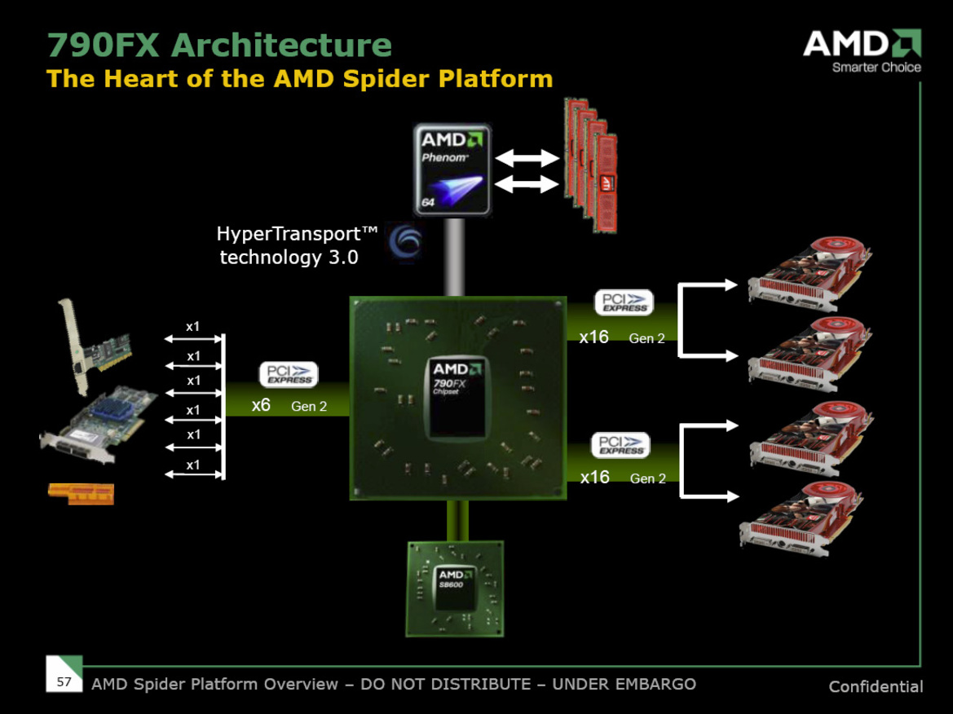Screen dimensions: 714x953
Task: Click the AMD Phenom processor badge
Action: click(x=452, y=170)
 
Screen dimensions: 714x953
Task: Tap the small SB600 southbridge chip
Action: click(x=454, y=588)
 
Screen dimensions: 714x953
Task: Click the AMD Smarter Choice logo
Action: click(x=863, y=51)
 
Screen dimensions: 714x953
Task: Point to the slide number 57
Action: click(x=64, y=681)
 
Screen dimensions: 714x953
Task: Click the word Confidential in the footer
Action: click(x=876, y=686)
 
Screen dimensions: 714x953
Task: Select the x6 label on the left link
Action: click(x=261, y=405)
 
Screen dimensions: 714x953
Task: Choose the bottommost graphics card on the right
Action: click(x=805, y=518)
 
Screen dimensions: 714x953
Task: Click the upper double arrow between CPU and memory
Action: click(x=527, y=157)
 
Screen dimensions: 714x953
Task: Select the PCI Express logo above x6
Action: click(x=289, y=375)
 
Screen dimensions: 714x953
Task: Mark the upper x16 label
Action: click(x=593, y=337)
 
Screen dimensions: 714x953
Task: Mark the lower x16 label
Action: click(x=594, y=478)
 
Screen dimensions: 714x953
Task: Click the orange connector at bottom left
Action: click(x=80, y=493)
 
